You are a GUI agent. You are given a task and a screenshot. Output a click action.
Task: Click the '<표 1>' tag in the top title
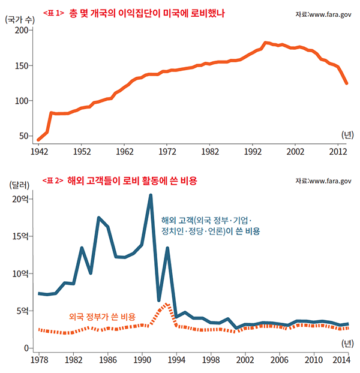(x=53, y=12)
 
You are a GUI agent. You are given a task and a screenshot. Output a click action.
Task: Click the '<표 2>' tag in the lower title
(x=53, y=180)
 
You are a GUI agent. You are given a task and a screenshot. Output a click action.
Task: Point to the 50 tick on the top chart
(x=24, y=136)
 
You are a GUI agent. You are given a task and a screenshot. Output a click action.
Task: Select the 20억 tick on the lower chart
(x=21, y=199)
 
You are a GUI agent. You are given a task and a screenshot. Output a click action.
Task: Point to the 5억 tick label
(x=22, y=311)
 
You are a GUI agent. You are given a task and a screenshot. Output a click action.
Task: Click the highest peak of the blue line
(x=151, y=195)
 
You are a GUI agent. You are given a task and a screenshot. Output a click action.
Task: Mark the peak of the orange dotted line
(x=167, y=304)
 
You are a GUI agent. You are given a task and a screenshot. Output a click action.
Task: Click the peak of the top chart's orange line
(x=265, y=43)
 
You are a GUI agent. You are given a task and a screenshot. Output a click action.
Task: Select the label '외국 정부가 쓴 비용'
(x=102, y=316)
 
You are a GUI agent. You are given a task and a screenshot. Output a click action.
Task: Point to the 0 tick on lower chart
(x=26, y=348)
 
